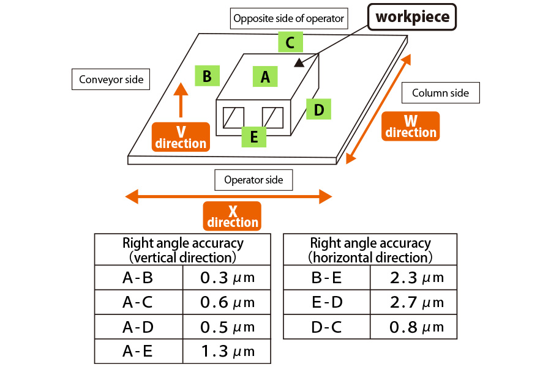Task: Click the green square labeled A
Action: [265, 77]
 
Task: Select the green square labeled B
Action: [207, 76]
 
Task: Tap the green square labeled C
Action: [290, 43]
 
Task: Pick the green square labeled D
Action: [318, 109]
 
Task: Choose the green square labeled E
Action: [253, 136]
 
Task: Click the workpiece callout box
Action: [412, 17]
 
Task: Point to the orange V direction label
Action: [181, 137]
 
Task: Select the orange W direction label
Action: [411, 126]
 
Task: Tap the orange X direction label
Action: [233, 216]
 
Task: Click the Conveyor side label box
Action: [111, 80]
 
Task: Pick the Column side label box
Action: [440, 93]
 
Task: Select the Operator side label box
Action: [253, 180]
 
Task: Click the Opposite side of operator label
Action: [289, 18]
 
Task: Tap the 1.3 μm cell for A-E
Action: [227, 352]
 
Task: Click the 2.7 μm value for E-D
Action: [416, 302]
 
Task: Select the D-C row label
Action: [326, 327]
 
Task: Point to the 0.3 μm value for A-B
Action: [227, 278]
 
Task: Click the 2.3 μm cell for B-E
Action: [416, 278]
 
